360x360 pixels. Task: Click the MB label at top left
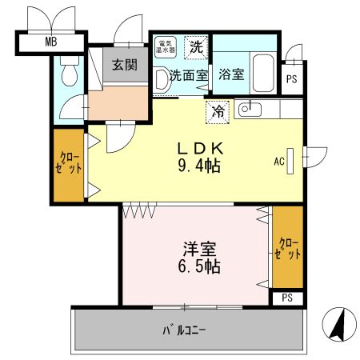coord(50,42)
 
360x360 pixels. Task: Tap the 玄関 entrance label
coord(122,66)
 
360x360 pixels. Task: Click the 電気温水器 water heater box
coord(166,47)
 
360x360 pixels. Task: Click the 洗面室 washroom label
coord(187,76)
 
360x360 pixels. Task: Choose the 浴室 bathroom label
coord(233,77)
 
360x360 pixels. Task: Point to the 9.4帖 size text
coord(199,167)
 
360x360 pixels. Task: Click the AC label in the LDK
coord(278,161)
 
